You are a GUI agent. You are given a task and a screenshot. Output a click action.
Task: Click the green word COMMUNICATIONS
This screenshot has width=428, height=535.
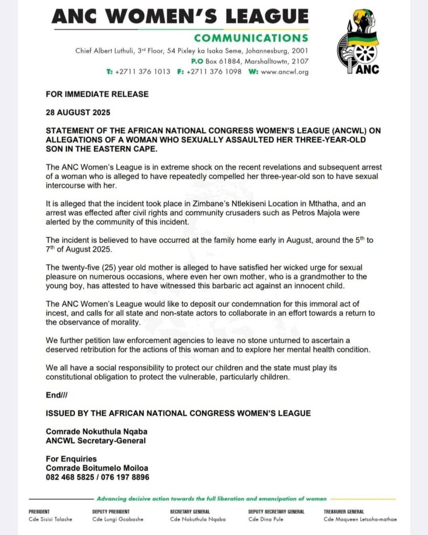click(x=251, y=38)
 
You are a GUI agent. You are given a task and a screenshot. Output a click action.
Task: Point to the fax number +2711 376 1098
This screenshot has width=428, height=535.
click(x=214, y=72)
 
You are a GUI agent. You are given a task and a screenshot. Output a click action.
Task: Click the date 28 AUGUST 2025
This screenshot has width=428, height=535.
click(x=76, y=112)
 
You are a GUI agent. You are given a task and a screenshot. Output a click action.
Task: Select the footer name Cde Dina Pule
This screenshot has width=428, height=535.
click(x=266, y=519)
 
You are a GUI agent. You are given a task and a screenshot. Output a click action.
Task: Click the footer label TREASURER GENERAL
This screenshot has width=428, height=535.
click(x=345, y=511)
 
